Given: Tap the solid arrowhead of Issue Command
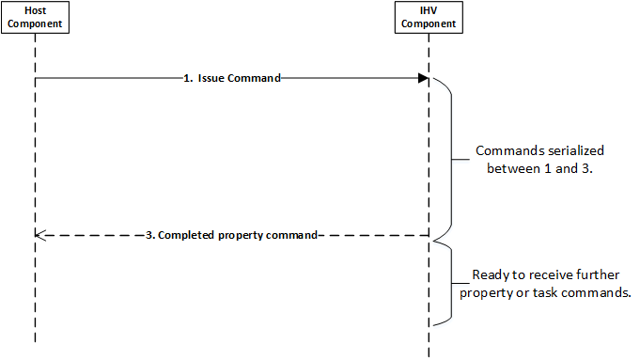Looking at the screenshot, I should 424,79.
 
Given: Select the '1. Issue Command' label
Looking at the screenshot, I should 231,79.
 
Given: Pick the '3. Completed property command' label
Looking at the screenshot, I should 231,233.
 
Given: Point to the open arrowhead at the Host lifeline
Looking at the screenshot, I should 39,233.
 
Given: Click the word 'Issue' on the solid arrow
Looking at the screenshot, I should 212,79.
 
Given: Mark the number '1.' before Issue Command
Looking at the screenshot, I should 188,79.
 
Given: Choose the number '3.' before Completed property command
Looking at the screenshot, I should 150,233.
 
